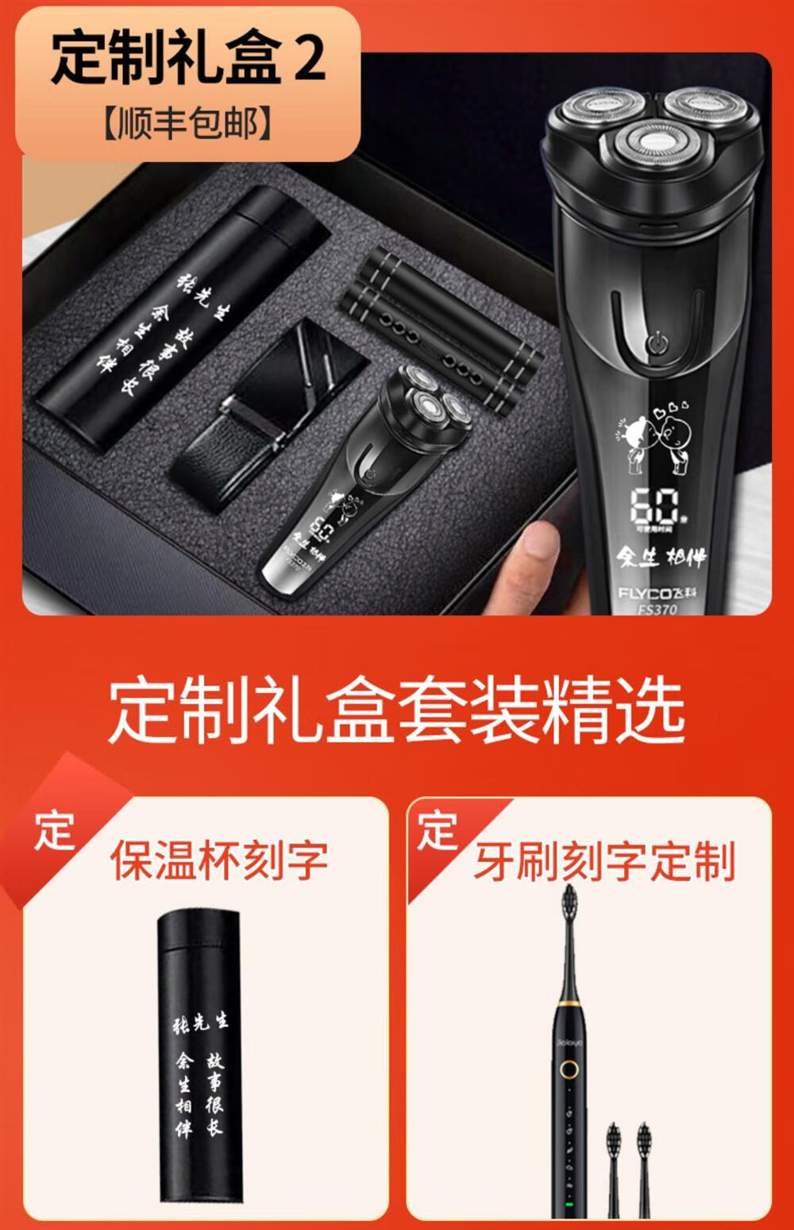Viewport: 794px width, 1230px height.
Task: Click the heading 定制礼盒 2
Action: tap(188, 58)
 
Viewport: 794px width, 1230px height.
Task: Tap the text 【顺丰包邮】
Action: tap(188, 124)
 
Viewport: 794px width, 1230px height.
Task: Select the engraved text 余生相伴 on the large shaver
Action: tap(661, 556)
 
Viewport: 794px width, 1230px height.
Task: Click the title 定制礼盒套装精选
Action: tap(396, 710)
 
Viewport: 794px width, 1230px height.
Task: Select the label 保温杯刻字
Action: tap(219, 861)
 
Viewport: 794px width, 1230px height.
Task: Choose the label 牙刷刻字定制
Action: tap(605, 862)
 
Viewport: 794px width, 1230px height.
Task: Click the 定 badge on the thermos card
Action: tap(54, 832)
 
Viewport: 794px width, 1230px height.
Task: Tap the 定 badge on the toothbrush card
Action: tap(437, 830)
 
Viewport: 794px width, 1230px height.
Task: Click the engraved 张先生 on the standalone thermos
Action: tap(200, 1023)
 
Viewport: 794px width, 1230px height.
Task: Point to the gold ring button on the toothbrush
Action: tap(569, 1069)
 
